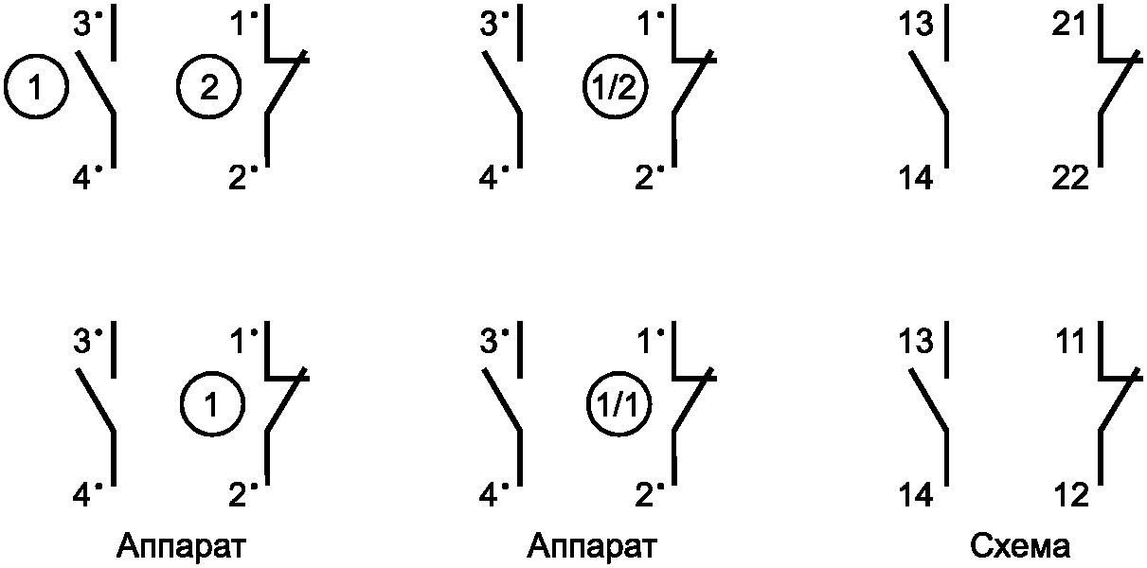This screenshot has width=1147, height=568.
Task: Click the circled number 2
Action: (x=207, y=88)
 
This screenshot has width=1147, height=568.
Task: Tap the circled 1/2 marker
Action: (x=614, y=88)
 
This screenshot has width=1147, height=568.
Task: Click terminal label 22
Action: (x=1070, y=176)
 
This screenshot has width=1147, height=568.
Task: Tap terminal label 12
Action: (x=1070, y=494)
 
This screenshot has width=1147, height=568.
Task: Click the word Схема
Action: (x=1021, y=546)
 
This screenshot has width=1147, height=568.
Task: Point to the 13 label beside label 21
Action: (x=916, y=25)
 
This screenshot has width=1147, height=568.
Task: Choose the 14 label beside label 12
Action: (x=916, y=494)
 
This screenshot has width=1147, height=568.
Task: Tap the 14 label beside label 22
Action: (x=916, y=176)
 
